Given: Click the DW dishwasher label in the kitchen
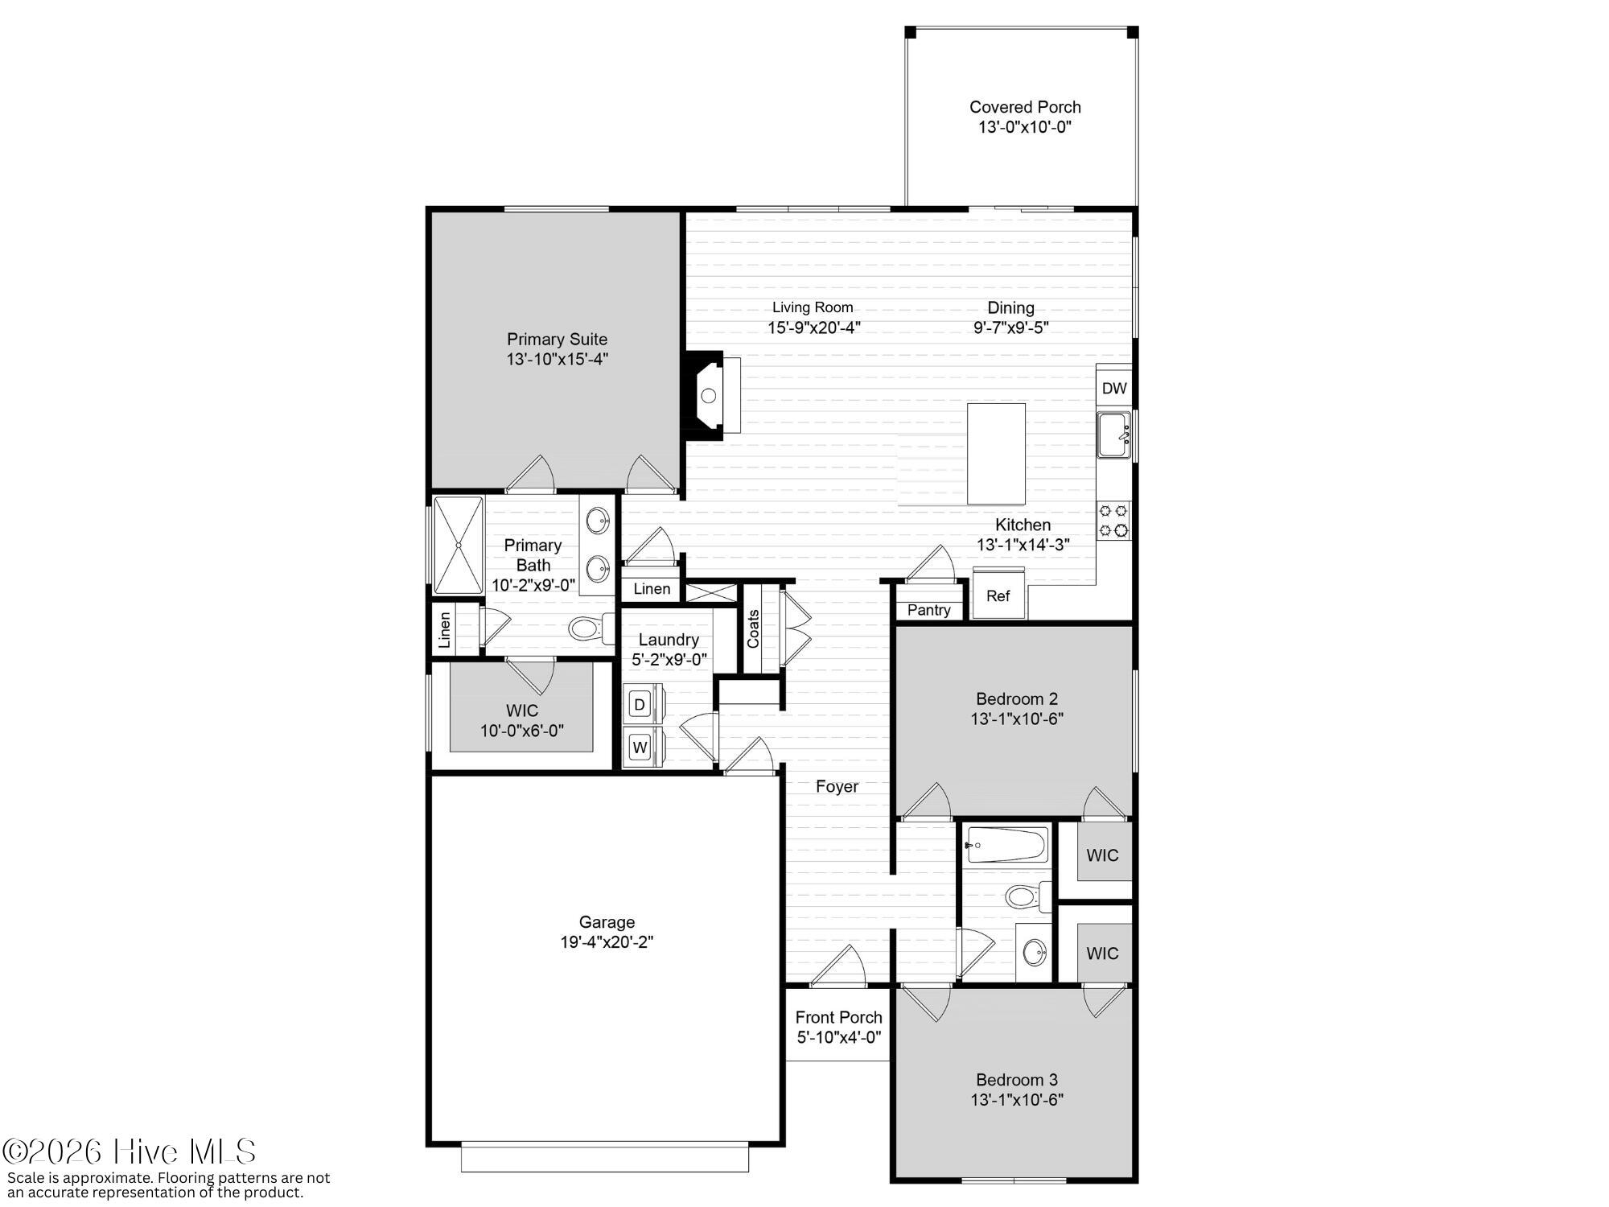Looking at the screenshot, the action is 1114,389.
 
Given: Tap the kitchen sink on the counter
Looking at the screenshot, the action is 1114,435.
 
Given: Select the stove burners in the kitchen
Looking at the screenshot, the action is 1114,520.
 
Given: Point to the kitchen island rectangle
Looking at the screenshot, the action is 996,454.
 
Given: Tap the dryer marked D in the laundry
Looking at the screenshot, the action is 640,705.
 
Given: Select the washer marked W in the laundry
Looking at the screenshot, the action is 640,748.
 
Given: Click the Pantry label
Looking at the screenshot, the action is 929,610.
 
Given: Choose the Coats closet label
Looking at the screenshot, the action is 753,628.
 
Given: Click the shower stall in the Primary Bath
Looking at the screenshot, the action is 459,545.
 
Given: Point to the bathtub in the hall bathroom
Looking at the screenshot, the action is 1007,845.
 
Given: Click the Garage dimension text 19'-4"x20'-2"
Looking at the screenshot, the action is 607,942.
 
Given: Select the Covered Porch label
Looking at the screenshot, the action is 1025,107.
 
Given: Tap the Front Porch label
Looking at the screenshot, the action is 839,1018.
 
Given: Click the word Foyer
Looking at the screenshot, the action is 837,786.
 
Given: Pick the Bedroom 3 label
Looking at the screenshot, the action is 1017,1080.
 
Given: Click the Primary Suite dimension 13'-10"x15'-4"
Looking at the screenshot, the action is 557,360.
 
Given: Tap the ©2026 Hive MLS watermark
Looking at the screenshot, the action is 129,1152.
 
